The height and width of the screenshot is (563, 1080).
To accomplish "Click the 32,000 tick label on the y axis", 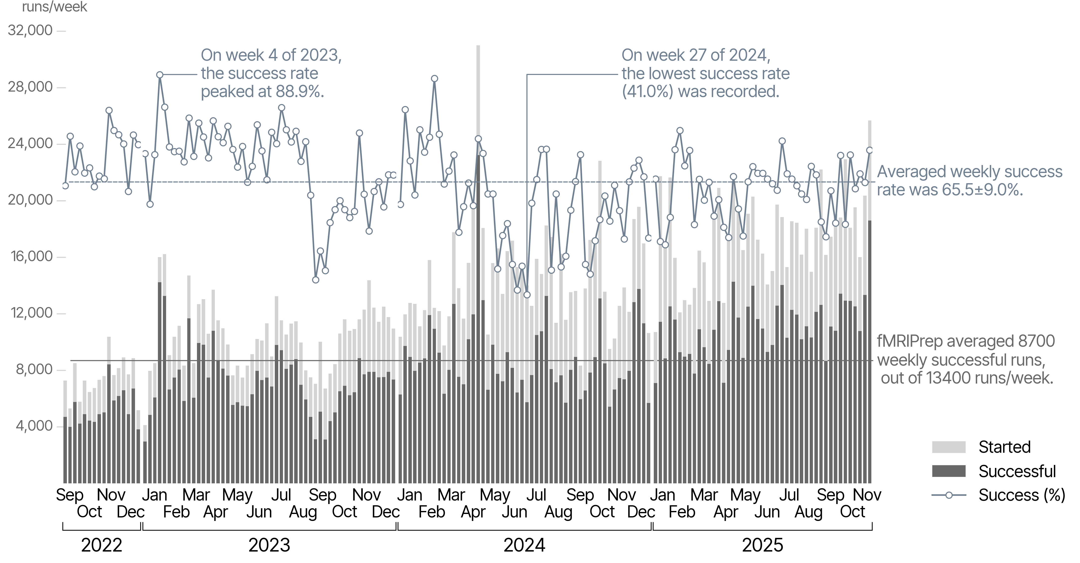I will [x=30, y=31].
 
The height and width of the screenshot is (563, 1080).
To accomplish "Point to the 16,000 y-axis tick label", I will [x=30, y=256].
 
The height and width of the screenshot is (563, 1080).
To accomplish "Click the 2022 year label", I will [x=101, y=545].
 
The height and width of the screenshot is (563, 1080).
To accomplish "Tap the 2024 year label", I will [x=524, y=545].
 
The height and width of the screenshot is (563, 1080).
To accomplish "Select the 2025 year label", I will [x=762, y=545].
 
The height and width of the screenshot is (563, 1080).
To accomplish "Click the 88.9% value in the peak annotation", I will [x=299, y=91].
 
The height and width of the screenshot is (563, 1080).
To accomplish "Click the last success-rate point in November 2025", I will [x=870, y=150].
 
